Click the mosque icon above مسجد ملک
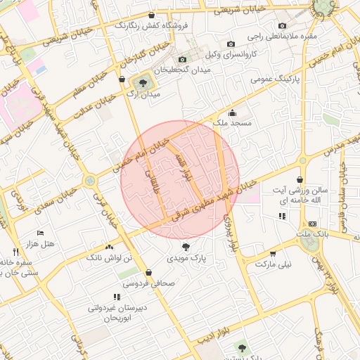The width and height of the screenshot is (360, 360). [x=233, y=112]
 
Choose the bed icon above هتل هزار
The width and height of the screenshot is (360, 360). [x=40, y=233]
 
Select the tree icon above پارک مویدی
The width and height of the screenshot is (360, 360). [x=186, y=247]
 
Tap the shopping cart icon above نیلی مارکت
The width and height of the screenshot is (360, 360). [x=273, y=254]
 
